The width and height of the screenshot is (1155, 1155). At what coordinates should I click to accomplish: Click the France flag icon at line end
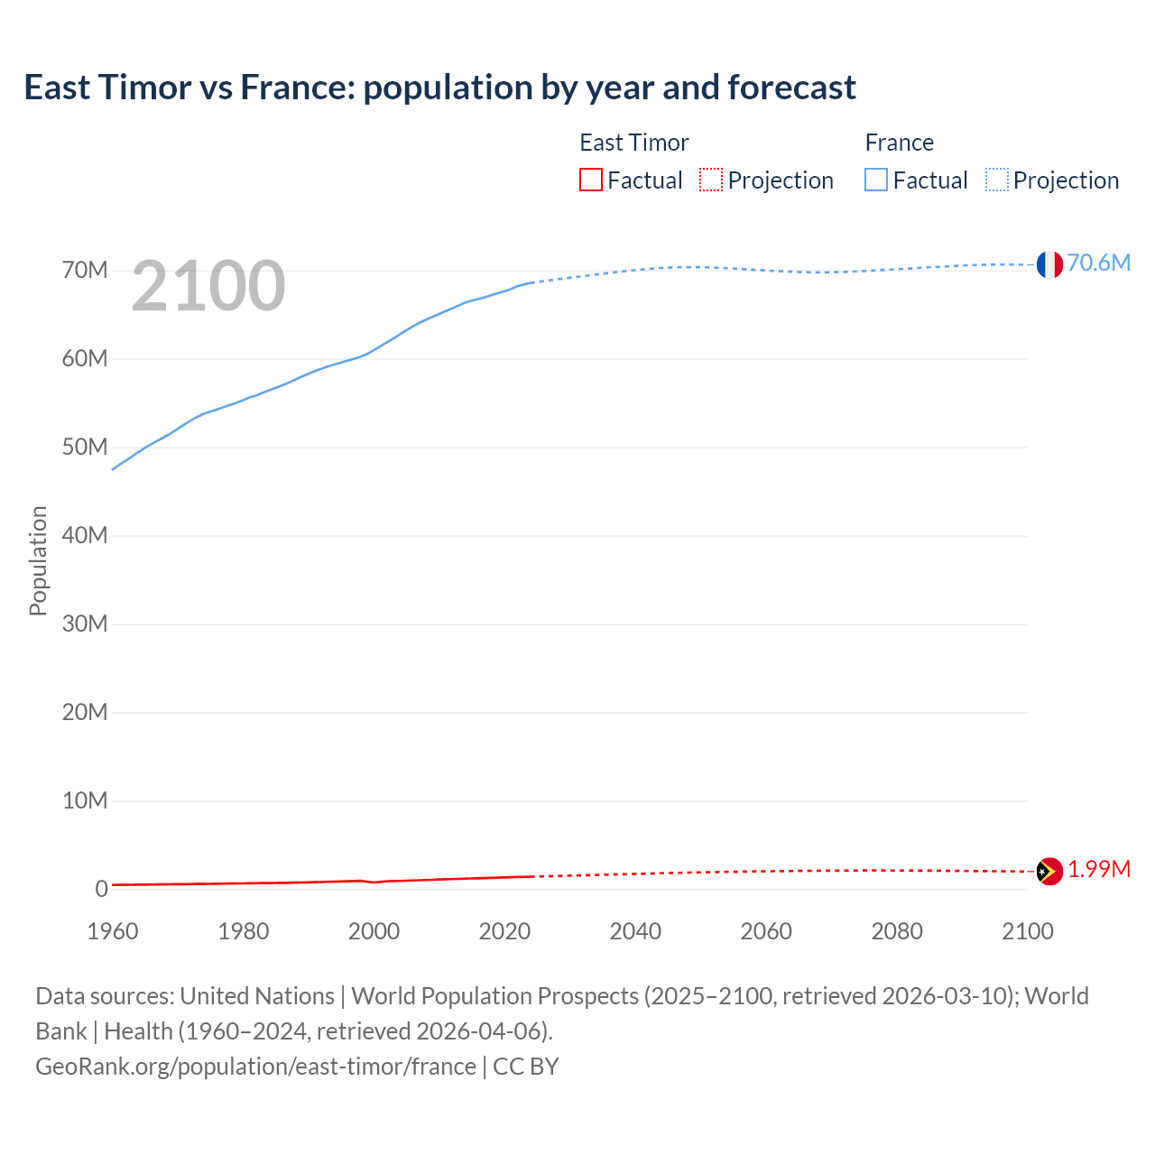(x=1049, y=264)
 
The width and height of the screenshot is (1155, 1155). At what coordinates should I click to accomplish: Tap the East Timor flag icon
(x=1049, y=871)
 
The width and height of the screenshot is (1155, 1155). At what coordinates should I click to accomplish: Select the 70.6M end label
(x=1098, y=263)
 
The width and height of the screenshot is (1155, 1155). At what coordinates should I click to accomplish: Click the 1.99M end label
(x=1098, y=869)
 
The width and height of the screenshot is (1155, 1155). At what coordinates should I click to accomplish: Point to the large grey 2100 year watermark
(x=208, y=286)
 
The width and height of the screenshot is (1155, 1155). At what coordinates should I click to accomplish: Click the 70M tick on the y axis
(x=85, y=271)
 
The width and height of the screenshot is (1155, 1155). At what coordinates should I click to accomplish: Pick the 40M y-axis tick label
(x=85, y=536)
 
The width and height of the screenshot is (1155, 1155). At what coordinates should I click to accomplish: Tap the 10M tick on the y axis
(x=85, y=801)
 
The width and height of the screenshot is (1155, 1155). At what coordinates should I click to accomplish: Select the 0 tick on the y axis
(x=101, y=890)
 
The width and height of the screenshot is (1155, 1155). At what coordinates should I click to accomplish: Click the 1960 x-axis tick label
(x=113, y=931)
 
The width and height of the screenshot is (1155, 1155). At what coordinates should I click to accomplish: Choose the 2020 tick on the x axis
(x=504, y=931)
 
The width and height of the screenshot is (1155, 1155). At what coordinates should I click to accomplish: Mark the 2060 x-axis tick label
(x=766, y=931)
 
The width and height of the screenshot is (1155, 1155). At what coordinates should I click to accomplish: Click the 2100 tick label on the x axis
(x=1027, y=931)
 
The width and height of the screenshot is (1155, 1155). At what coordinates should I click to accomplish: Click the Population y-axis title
(x=38, y=560)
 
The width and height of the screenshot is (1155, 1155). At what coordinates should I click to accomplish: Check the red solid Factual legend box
(x=590, y=180)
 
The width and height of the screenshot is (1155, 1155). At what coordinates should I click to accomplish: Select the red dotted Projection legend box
(x=711, y=180)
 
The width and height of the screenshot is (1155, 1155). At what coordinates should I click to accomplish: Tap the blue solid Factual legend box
(x=875, y=180)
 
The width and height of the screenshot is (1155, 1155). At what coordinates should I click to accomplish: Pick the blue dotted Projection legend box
(x=996, y=180)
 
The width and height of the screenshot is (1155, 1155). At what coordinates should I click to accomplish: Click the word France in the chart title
(x=296, y=88)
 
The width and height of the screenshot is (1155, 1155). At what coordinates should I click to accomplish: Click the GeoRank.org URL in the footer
(x=255, y=1067)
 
